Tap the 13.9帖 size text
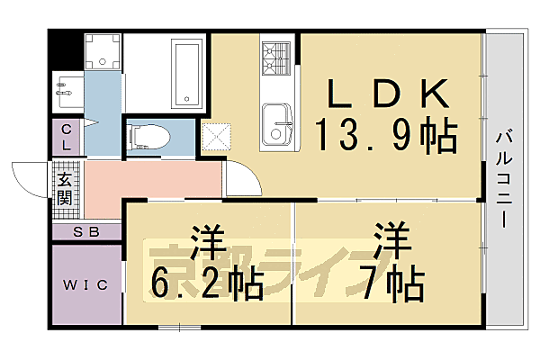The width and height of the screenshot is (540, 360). click(385, 137)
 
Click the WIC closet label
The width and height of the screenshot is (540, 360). click(85, 285)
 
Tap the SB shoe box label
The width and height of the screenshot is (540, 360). click(85, 232)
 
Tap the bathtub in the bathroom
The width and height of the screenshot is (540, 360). click(186, 73)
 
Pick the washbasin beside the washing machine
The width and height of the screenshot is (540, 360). click(67, 90)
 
